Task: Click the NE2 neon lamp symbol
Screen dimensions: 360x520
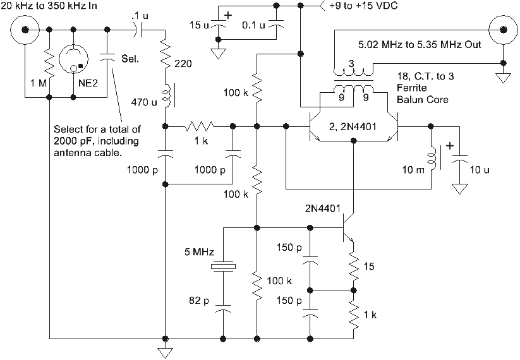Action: (x=75, y=61)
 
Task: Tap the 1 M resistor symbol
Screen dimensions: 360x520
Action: (x=49, y=63)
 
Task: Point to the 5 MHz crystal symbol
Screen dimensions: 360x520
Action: (x=224, y=268)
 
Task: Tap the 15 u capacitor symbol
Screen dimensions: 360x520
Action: (x=219, y=26)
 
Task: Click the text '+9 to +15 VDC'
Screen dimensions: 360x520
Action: (x=362, y=7)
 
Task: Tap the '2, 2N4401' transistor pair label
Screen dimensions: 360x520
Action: (x=353, y=127)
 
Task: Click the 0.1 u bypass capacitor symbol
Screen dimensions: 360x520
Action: (x=276, y=26)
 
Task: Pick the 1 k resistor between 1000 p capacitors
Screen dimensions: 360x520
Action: (x=201, y=127)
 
